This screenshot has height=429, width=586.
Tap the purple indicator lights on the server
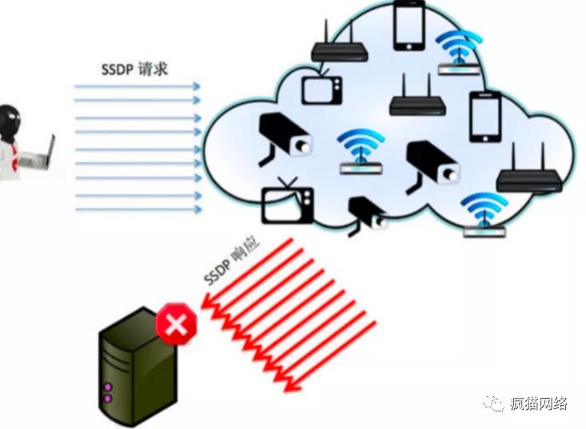click(107, 392)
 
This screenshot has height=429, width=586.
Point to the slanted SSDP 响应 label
click(229, 264)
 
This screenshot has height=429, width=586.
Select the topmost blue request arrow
click(136, 85)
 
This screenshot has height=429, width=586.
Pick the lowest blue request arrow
click(136, 210)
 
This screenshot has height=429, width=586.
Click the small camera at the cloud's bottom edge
click(367, 213)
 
